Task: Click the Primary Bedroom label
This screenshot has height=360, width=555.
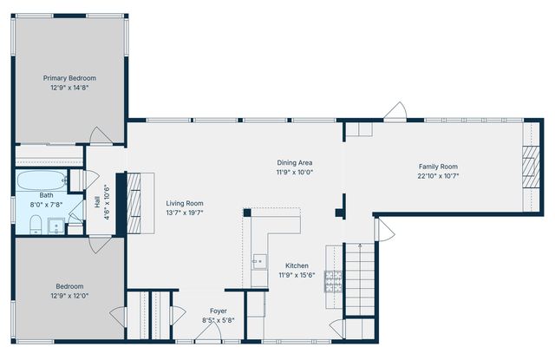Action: pyautogui.click(x=70, y=77)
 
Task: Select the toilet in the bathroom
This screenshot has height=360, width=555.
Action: pyautogui.click(x=36, y=226)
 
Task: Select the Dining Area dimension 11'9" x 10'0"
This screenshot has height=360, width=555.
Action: pyautogui.click(x=294, y=172)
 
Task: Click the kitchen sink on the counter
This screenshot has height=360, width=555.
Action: pyautogui.click(x=258, y=259)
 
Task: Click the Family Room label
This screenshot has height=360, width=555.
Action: pyautogui.click(x=438, y=167)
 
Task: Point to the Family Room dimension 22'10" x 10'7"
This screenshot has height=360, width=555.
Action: pyautogui.click(x=438, y=176)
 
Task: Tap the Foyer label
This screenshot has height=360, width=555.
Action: pyautogui.click(x=219, y=311)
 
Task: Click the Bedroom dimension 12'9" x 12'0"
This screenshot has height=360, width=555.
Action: pyautogui.click(x=70, y=295)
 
